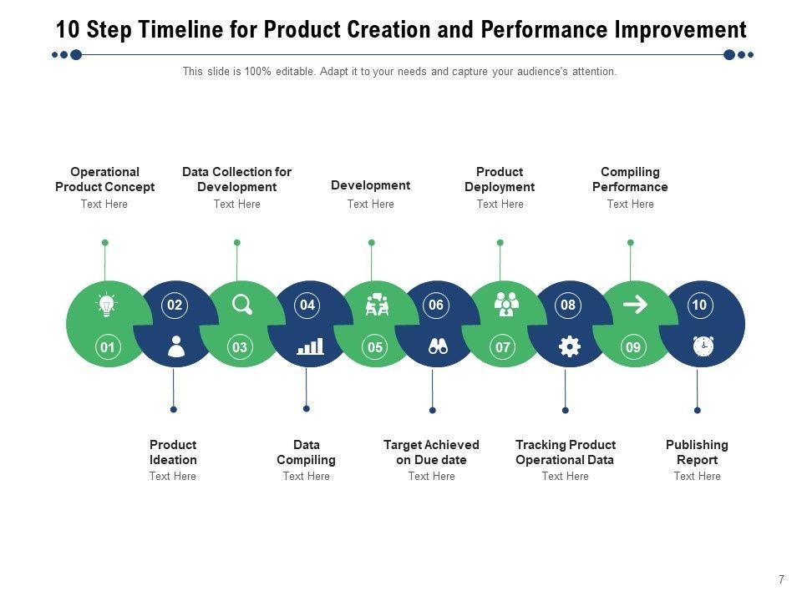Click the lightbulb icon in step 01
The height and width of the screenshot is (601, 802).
point(106,305)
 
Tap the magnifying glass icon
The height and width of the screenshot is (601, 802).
point(241,305)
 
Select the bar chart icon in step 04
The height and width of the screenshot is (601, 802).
point(310,346)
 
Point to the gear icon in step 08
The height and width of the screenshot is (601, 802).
point(569,346)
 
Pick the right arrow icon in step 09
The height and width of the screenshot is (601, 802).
point(635,305)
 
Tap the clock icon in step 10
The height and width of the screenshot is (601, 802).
point(703,346)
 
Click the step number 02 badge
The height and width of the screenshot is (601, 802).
point(175,306)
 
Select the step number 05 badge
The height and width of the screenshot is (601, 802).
point(375,347)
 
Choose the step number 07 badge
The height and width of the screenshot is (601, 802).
point(503,347)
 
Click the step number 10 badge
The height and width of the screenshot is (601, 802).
point(699,306)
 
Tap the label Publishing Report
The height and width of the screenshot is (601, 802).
point(697,452)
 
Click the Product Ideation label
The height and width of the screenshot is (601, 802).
point(173,452)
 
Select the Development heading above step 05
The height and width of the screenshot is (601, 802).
point(370,185)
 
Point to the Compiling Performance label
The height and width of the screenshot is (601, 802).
point(630,179)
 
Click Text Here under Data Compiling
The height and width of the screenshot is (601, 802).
point(306,477)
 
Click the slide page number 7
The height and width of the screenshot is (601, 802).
point(781,579)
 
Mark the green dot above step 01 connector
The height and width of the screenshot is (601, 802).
point(105,243)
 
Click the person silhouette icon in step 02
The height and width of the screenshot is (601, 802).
point(175,346)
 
